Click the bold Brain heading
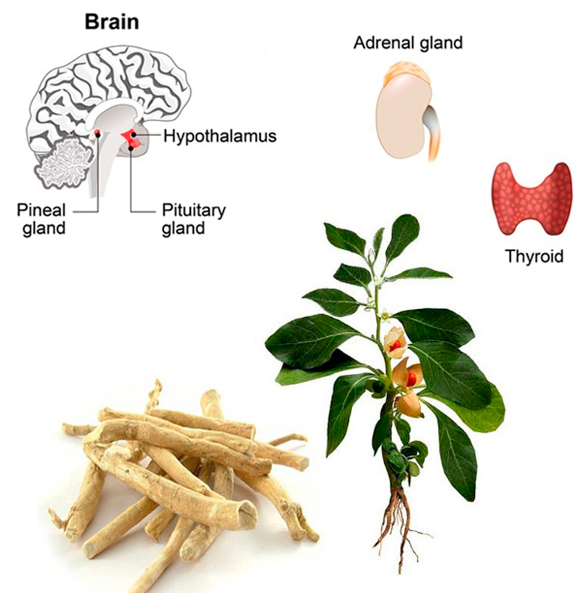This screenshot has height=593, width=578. [112, 22]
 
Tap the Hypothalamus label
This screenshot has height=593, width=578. [220, 136]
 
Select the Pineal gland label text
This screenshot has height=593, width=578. [41, 219]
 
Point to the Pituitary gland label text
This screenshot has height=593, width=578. [194, 219]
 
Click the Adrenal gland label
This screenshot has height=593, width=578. [408, 43]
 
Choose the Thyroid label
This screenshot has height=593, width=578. [534, 256]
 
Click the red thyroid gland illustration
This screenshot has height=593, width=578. [532, 199]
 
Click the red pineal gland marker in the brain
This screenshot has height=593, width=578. [97, 133]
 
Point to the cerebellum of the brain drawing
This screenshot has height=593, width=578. [65, 163]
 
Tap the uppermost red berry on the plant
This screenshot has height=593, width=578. [395, 345]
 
